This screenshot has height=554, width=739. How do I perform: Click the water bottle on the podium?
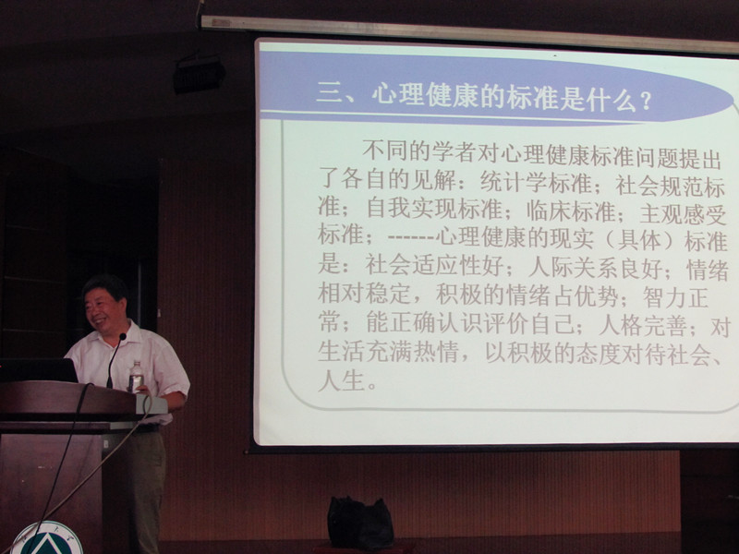tap(136, 376)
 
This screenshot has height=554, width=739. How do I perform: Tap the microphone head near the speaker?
tap(123, 337)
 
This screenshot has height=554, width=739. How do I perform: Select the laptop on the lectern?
tap(39, 370)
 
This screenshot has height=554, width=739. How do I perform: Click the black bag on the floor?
tap(360, 524)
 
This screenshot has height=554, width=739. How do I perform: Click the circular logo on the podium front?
tap(46, 538)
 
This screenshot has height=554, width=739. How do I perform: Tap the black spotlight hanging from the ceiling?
tap(199, 73)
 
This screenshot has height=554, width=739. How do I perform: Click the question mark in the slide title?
tap(646, 102)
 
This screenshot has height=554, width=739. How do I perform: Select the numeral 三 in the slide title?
tap(329, 92)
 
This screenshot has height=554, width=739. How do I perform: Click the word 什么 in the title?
tap(612, 100)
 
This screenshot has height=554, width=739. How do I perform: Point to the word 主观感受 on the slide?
tap(684, 215)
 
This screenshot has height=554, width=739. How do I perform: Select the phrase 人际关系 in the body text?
tap(575, 268)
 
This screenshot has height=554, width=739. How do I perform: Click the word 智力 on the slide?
tap(664, 297)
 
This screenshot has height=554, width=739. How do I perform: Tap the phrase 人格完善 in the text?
tap(642, 327)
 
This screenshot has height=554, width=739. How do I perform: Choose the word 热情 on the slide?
tap(435, 352)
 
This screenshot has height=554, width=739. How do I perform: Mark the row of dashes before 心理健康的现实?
tap(411, 236)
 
